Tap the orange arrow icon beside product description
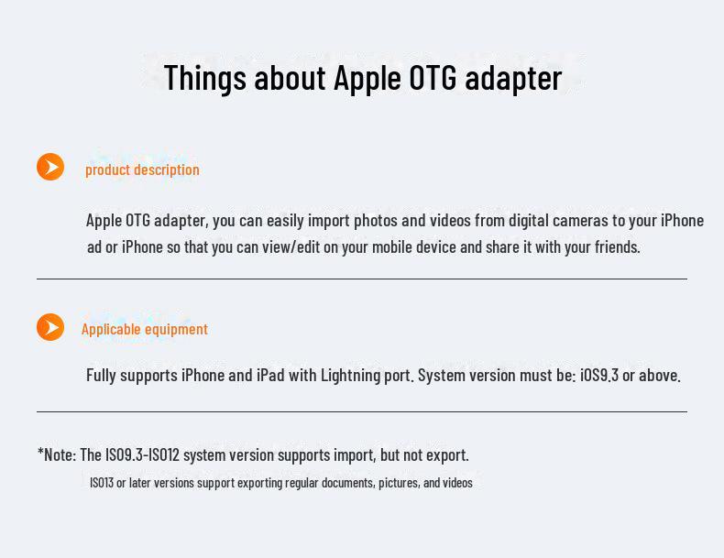pos(50,167)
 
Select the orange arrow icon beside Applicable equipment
pos(50,327)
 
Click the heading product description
pos(142,170)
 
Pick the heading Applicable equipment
pos(145,329)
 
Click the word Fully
pos(104,376)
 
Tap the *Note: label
pos(57,454)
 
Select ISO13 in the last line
pos(102,483)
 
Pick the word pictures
pos(396,483)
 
